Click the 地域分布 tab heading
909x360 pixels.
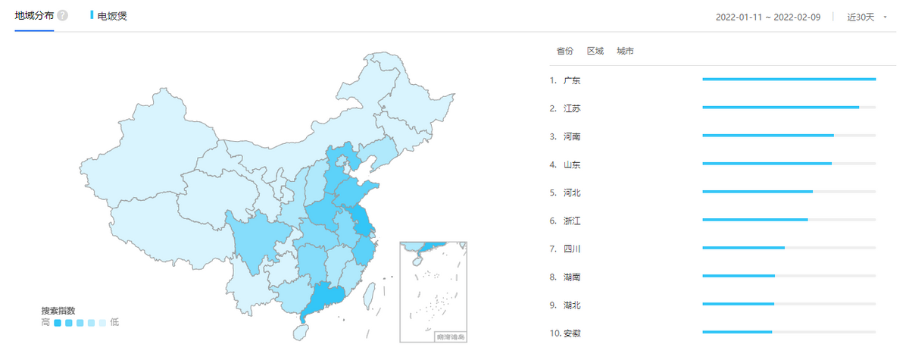click(34, 15)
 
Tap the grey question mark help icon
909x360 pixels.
click(63, 16)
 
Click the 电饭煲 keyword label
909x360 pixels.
click(112, 15)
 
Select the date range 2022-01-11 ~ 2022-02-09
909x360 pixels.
click(769, 17)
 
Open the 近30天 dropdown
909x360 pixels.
click(866, 17)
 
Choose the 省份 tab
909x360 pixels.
click(565, 52)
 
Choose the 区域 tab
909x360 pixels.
click(595, 52)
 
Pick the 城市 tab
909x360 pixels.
click(626, 52)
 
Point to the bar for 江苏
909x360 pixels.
click(780, 108)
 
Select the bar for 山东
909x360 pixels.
click(767, 164)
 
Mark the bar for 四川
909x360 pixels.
click(743, 248)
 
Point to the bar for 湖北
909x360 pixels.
click(738, 305)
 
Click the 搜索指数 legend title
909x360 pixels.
click(58, 311)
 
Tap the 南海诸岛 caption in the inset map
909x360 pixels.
click(450, 336)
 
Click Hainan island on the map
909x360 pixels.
click(300, 331)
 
